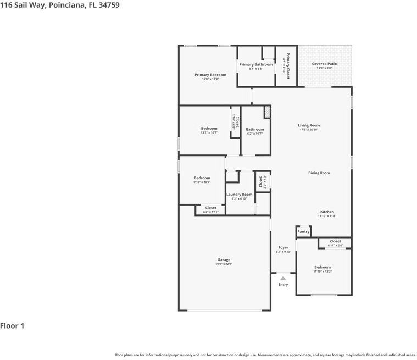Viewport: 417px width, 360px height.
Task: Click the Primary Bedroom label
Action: (210, 75)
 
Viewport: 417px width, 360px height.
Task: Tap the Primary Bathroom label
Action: (255, 64)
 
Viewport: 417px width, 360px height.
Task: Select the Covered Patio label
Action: (324, 64)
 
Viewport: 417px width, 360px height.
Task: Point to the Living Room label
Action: (309, 125)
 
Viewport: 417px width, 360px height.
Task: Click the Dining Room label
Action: (319, 173)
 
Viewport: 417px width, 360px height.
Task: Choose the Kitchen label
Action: (327, 212)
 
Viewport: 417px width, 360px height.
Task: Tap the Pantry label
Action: (303, 232)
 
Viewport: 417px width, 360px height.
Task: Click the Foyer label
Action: (283, 248)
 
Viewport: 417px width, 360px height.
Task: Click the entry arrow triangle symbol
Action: (283, 278)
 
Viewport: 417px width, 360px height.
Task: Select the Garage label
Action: (224, 260)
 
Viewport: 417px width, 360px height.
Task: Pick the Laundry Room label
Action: (240, 195)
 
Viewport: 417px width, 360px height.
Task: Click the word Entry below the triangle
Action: (283, 285)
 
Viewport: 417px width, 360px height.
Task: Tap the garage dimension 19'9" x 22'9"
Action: (224, 264)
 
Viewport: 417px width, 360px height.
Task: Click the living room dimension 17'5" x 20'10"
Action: (309, 130)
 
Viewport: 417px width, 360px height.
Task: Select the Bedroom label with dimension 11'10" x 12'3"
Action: (323, 267)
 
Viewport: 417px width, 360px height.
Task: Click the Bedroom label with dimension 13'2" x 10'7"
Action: (209, 129)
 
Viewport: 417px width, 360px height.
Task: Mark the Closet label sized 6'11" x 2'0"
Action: (335, 241)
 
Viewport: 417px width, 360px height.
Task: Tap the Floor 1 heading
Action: (12, 326)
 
